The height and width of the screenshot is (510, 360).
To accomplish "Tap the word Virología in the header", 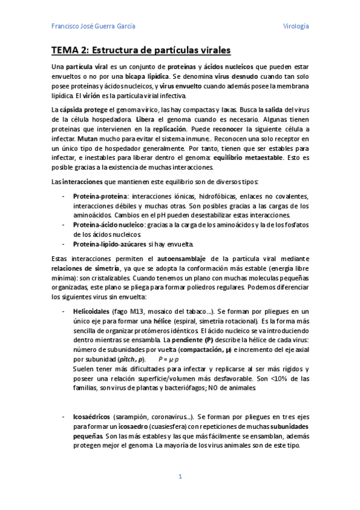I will pyautogui.click(x=296, y=26).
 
